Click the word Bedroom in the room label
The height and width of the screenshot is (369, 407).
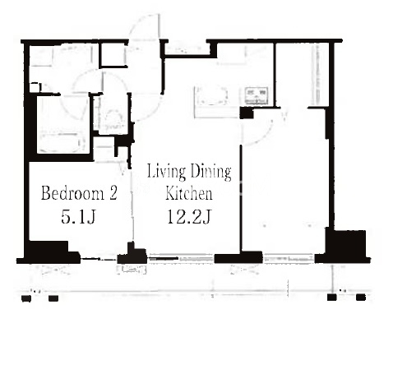(x=72, y=193)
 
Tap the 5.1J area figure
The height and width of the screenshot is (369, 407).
(x=78, y=217)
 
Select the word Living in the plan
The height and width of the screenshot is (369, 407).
(x=166, y=172)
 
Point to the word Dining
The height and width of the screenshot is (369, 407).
(x=210, y=172)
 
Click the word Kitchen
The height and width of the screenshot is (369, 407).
(x=189, y=193)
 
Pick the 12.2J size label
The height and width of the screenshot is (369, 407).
(x=189, y=217)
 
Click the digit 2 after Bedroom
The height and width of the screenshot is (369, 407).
(x=113, y=193)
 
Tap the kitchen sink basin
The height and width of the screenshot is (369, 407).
(x=257, y=95)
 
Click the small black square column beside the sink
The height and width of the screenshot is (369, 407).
(x=247, y=113)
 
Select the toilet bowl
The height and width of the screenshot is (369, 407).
(x=113, y=119)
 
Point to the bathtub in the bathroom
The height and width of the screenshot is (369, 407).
(x=61, y=142)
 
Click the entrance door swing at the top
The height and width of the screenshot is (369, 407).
(x=144, y=27)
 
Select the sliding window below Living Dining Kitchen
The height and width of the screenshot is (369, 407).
(x=180, y=258)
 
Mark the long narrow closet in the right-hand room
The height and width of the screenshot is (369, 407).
(x=318, y=75)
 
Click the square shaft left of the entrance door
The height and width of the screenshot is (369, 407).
(x=113, y=55)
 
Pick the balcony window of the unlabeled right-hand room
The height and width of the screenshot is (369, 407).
(x=289, y=258)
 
